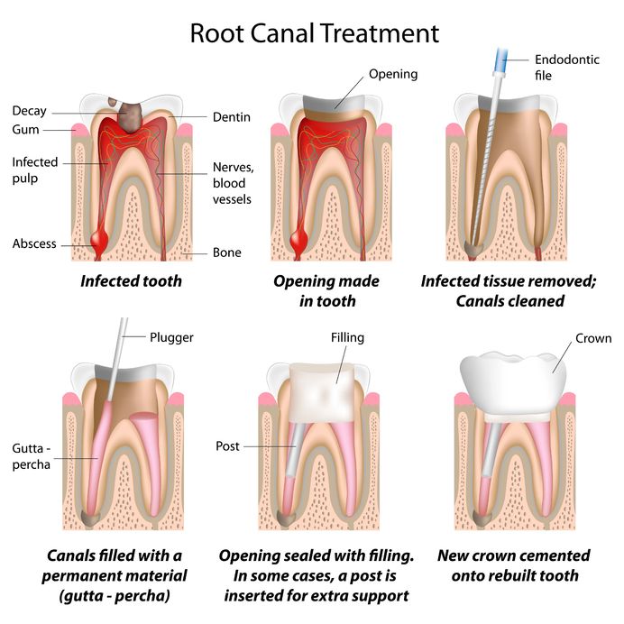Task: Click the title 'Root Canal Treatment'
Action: [x=314, y=33]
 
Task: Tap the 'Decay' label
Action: [x=29, y=112]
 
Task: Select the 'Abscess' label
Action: [x=34, y=243]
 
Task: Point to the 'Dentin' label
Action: [x=231, y=117]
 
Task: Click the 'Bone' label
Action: [x=226, y=252]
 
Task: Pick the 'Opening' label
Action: [x=394, y=73]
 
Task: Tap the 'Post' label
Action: [x=227, y=446]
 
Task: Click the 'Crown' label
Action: [x=593, y=339]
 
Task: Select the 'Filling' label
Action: [x=347, y=338]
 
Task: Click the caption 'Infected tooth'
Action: [x=131, y=280]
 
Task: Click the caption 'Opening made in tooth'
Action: [x=326, y=290]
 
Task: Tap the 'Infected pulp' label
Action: [x=34, y=170]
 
